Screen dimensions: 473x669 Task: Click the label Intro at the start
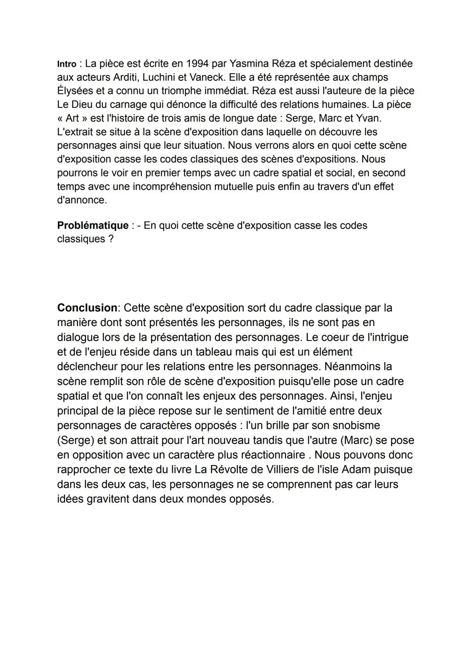tap(67, 64)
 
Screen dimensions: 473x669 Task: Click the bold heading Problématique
tap(93, 225)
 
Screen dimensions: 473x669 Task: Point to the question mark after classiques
tap(111, 239)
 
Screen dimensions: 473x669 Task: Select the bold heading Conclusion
tap(87, 308)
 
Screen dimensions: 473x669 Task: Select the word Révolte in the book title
tap(231, 469)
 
